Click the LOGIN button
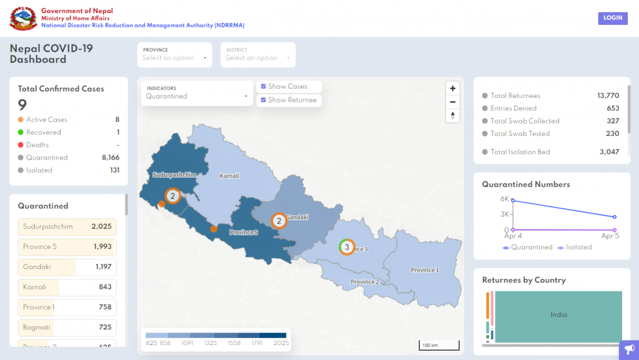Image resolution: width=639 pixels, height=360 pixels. (x=612, y=18)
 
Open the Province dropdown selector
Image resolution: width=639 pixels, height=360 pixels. (x=174, y=55)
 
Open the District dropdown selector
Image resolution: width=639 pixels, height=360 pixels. (x=257, y=55)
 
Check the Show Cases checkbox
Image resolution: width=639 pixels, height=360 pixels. (x=263, y=87)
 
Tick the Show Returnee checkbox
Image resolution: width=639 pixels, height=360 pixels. (x=263, y=100)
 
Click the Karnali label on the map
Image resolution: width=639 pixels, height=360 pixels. (x=229, y=176)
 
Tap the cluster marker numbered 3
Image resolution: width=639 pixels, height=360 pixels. (x=346, y=247)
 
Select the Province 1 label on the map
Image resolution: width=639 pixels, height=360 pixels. (x=424, y=270)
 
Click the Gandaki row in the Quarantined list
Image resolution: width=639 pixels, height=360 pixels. (x=67, y=267)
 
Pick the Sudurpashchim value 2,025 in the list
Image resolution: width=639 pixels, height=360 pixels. (x=101, y=226)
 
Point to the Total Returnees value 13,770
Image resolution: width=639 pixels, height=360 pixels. (x=608, y=95)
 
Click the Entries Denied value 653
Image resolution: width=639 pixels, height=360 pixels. (x=612, y=109)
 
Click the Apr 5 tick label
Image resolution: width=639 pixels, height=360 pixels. (x=610, y=236)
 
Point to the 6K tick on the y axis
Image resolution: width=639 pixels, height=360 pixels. (x=504, y=199)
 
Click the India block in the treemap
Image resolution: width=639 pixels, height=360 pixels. (x=559, y=315)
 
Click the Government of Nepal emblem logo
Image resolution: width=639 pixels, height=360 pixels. (x=23, y=18)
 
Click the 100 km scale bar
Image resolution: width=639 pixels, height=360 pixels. (x=439, y=345)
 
